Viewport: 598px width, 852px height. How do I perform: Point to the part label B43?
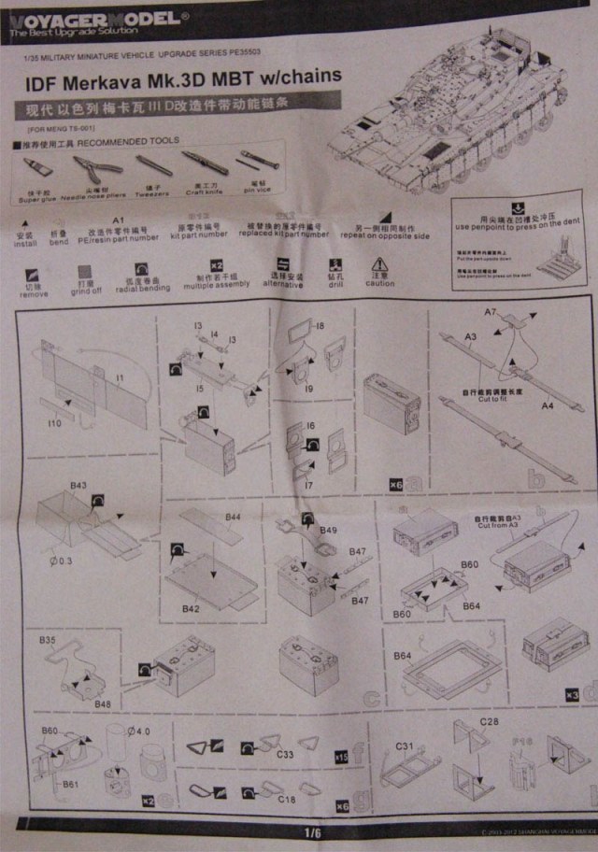[78, 486]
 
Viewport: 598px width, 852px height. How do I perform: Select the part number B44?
[233, 517]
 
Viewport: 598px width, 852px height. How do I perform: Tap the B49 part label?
[328, 531]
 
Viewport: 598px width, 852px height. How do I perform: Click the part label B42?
[192, 608]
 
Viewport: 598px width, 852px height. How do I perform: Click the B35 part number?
[49, 641]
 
